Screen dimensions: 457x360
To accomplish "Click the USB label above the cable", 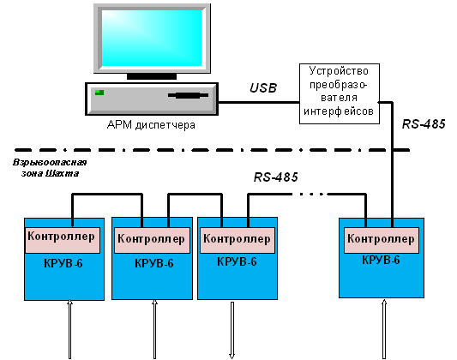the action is [263, 87].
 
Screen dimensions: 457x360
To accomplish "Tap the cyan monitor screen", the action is [152, 39].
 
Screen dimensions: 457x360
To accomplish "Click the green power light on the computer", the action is [99, 93].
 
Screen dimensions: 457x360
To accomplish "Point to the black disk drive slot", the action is [189, 95].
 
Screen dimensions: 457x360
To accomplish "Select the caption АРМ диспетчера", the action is [151, 125].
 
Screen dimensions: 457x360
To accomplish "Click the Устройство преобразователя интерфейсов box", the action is [340, 93].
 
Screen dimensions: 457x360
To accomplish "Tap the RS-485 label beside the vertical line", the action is [424, 124].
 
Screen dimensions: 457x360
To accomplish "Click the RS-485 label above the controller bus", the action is [276, 177].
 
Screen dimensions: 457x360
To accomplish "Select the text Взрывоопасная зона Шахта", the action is [50, 168].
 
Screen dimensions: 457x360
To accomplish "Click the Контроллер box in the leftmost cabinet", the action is [63, 240].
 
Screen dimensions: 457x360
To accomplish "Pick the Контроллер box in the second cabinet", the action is [152, 240].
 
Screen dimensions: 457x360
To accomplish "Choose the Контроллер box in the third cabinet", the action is [238, 240].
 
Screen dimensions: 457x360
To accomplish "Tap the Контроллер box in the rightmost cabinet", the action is [382, 240].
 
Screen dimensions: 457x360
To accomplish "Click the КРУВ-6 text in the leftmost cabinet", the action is [63, 264].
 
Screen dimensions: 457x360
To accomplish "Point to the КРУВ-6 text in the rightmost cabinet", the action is [381, 260].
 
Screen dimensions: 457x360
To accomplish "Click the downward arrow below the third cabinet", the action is [232, 330].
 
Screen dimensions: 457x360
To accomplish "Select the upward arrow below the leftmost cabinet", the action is [69, 329].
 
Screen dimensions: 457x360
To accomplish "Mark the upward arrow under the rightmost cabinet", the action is [384, 329].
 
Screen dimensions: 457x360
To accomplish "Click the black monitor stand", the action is [152, 76].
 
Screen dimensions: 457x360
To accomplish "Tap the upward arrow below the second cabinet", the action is [154, 329].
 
